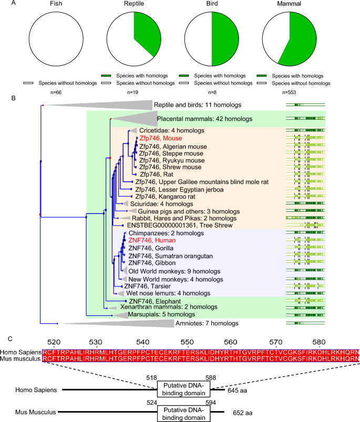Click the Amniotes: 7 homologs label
pyautogui.click(x=208, y=322)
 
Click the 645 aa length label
pyautogui.click(x=236, y=390)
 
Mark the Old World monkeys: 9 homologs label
pyautogui.click(x=169, y=271)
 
